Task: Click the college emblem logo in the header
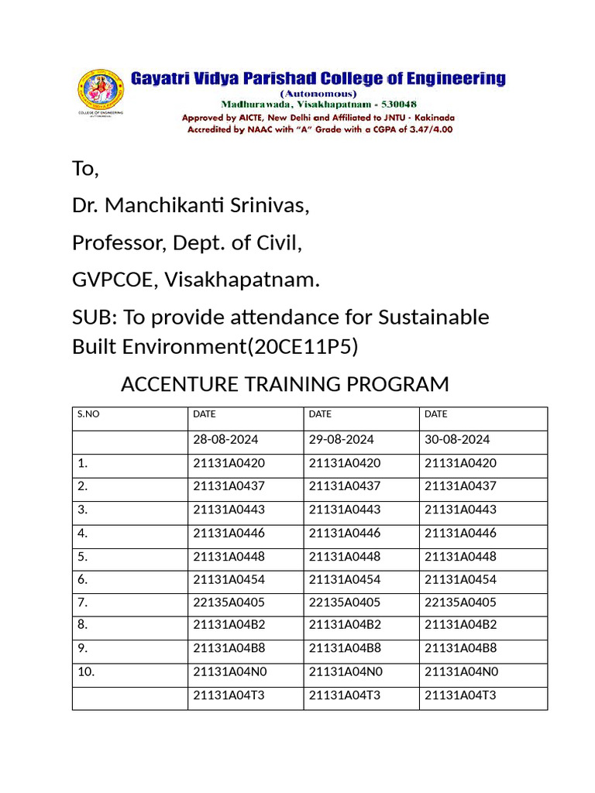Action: point(100,92)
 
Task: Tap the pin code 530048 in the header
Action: point(395,104)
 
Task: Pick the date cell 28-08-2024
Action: point(225,439)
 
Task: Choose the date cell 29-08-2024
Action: point(341,439)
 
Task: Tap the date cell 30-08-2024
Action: point(457,439)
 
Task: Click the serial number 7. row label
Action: point(82,602)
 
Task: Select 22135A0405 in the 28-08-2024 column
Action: point(229,602)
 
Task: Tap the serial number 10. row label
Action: point(85,672)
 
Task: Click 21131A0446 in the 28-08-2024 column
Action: point(229,533)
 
